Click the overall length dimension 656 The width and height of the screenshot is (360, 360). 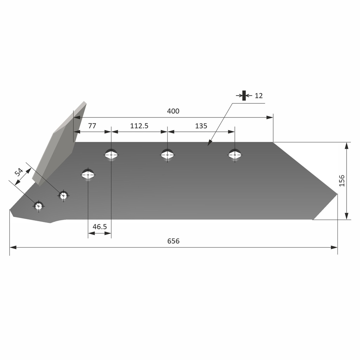pyautogui.click(x=173, y=241)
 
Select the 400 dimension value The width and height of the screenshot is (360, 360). pyautogui.click(x=173, y=111)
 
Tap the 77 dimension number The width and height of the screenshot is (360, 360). pyautogui.click(x=92, y=126)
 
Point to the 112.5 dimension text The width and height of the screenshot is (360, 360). pyautogui.click(x=139, y=126)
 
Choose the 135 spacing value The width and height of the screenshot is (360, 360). pyautogui.click(x=201, y=126)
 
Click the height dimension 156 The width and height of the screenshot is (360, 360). pyautogui.click(x=342, y=180)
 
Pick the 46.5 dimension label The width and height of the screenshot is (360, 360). pyautogui.click(x=99, y=227)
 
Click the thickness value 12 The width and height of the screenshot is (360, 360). pyautogui.click(x=258, y=96)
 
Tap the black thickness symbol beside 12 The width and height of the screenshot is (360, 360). pyautogui.click(x=244, y=95)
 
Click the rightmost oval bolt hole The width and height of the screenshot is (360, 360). pyautogui.click(x=235, y=154)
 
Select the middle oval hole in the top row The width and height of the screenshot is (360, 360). pyautogui.click(x=167, y=154)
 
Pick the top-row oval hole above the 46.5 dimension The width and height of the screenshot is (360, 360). pyautogui.click(x=111, y=154)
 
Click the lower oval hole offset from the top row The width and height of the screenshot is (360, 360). pyautogui.click(x=88, y=174)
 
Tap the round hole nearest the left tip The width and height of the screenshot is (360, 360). pyautogui.click(x=39, y=206)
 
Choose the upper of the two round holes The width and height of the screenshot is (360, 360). pyautogui.click(x=63, y=195)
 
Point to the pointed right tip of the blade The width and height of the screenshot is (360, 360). pyautogui.click(x=336, y=194)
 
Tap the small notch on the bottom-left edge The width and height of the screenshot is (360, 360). pyautogui.click(x=53, y=222)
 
